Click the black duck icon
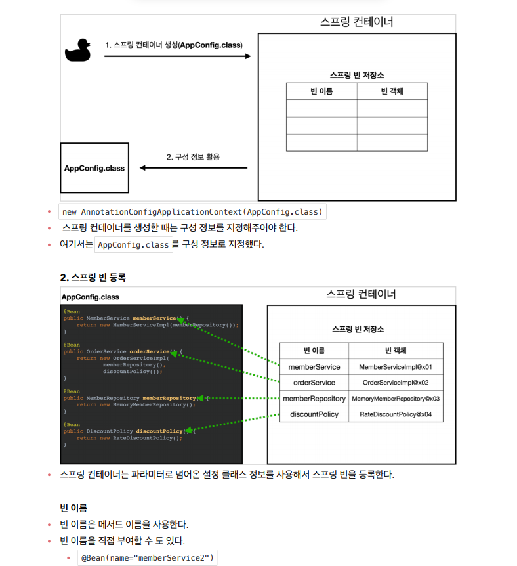coord(77,51)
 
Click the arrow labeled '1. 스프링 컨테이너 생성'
coord(177,56)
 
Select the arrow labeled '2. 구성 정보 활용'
coord(194,168)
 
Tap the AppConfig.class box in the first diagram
coord(94,168)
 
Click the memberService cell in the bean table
coord(314,367)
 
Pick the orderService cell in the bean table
coord(314,383)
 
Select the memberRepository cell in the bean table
coord(314,399)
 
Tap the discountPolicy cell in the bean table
coord(314,414)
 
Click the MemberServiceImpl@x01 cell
coord(396,367)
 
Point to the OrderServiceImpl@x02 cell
coord(396,383)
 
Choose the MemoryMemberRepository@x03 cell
coord(396,399)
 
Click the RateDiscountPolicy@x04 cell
coord(396,414)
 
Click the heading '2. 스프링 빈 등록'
coord(93,278)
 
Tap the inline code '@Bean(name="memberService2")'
coord(147,559)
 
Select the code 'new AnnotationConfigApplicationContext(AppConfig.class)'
coord(192,212)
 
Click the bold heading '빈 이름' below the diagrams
coord(73,508)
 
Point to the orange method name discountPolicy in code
coord(159,431)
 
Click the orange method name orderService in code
coord(149,351)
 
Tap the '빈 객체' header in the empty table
coord(392,91)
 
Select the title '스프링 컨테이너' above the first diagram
coord(356,22)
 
